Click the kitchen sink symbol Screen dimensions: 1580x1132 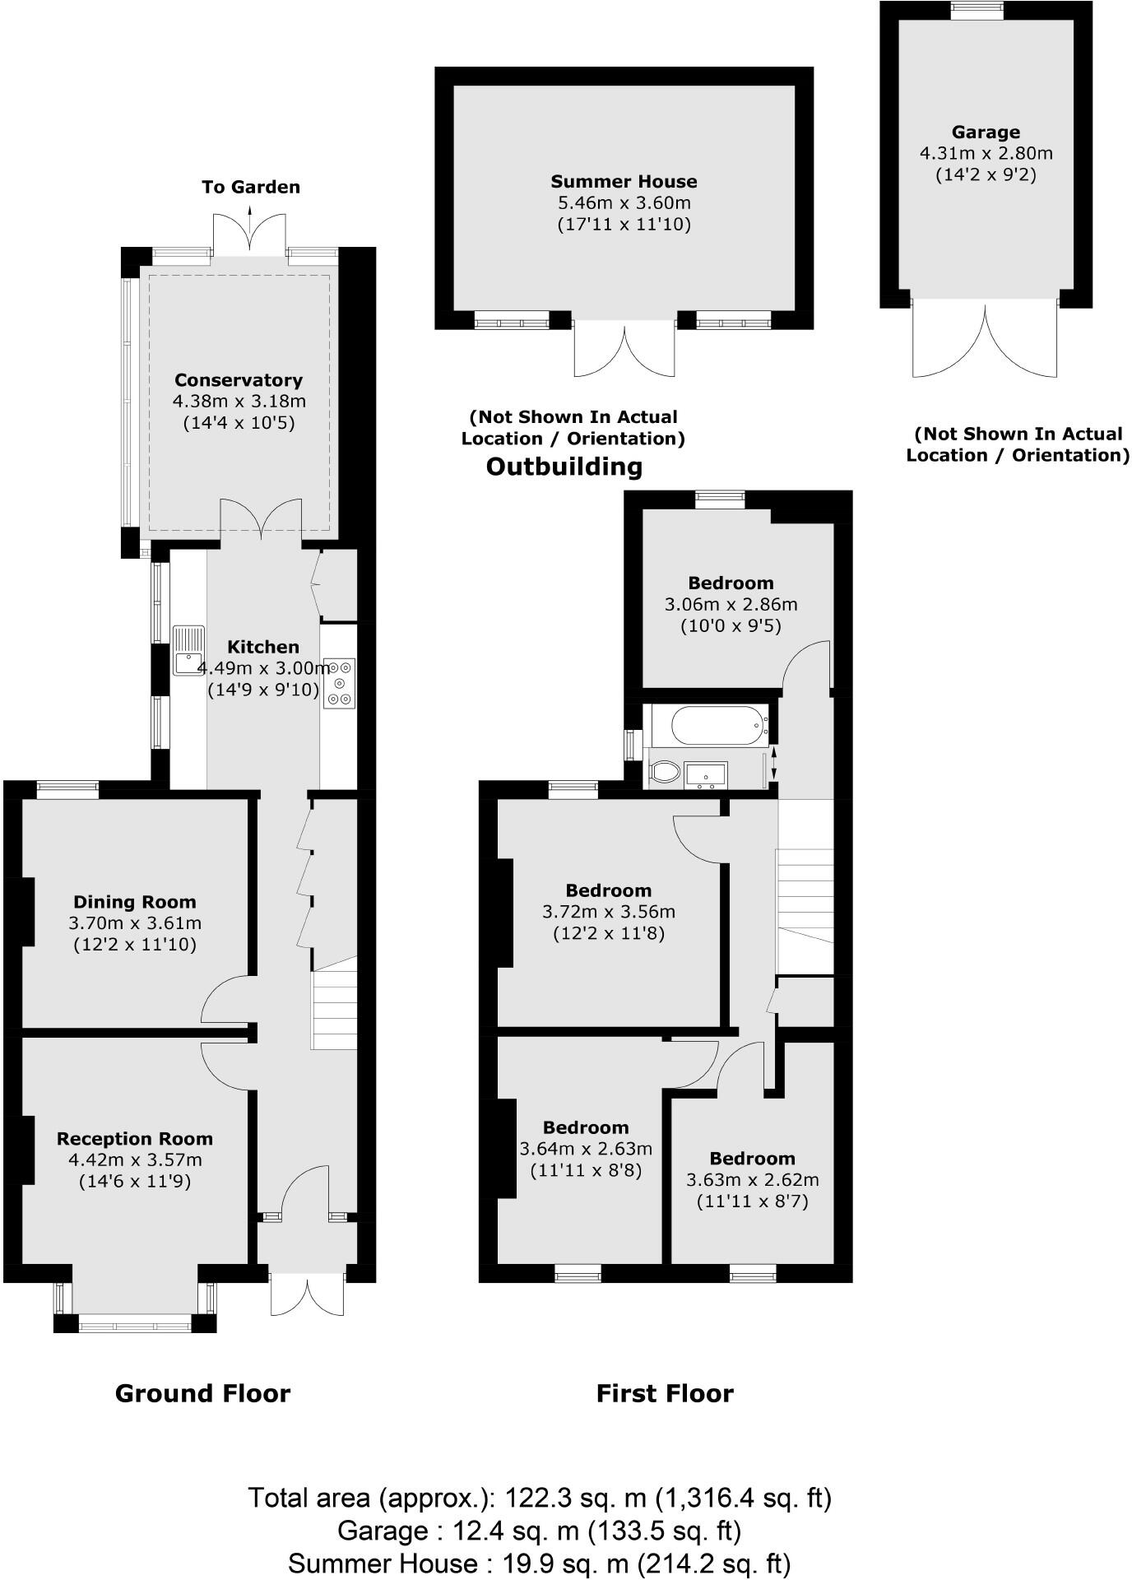click(x=188, y=650)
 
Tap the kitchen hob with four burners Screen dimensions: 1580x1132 click(x=340, y=682)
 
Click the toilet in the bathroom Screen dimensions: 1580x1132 click(x=665, y=772)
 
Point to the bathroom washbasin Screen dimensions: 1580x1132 click(x=706, y=774)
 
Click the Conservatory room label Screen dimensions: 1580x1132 click(x=239, y=380)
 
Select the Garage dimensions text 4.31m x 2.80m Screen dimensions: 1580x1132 click(x=986, y=153)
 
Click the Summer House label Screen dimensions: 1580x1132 click(x=624, y=182)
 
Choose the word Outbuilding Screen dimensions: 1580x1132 click(x=564, y=467)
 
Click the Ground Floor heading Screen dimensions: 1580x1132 click(x=202, y=1393)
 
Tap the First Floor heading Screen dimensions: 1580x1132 click(x=664, y=1393)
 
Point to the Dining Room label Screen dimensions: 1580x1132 click(x=135, y=902)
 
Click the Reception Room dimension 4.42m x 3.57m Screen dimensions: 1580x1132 click(x=135, y=1160)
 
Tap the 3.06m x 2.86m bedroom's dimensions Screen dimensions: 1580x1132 click(x=731, y=604)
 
